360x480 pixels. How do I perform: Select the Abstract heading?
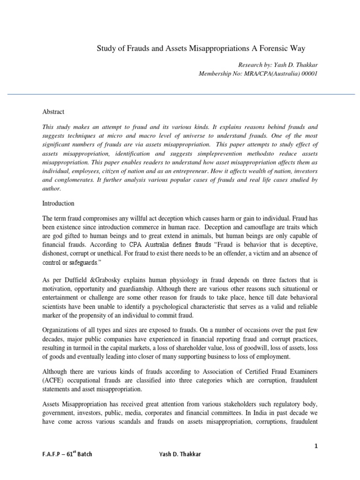(53, 112)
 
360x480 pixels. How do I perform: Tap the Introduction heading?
(59, 204)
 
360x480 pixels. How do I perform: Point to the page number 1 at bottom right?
(316, 446)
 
